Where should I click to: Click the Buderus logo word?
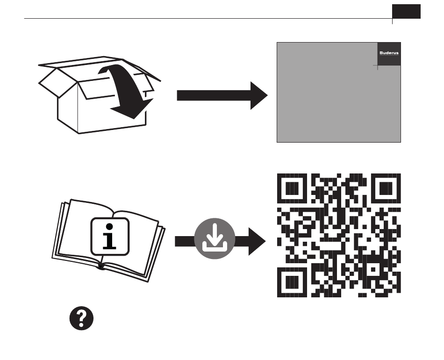[x=389, y=53]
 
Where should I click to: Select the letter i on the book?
[x=109, y=236]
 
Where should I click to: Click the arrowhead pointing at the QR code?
[x=257, y=241]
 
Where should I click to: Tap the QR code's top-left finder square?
[x=293, y=189]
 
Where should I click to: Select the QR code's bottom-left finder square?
[x=293, y=282]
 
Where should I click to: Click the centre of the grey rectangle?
[x=339, y=92]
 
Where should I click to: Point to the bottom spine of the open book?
[x=101, y=267]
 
